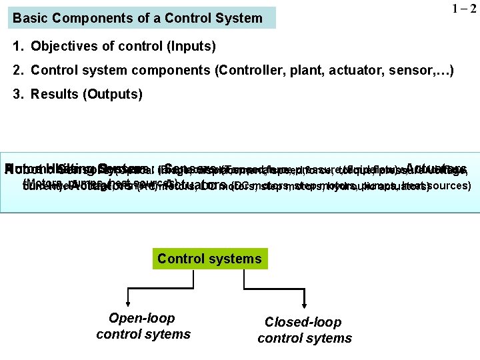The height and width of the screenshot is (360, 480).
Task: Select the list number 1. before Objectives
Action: tap(18, 47)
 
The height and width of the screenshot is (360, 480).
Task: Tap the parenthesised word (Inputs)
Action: tap(192, 47)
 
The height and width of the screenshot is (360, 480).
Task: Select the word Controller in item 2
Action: tap(251, 70)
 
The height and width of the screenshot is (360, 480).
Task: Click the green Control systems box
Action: tap(209, 258)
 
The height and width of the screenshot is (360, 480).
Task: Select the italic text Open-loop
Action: tap(143, 319)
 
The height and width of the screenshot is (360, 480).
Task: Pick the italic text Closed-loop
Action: tap(303, 322)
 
